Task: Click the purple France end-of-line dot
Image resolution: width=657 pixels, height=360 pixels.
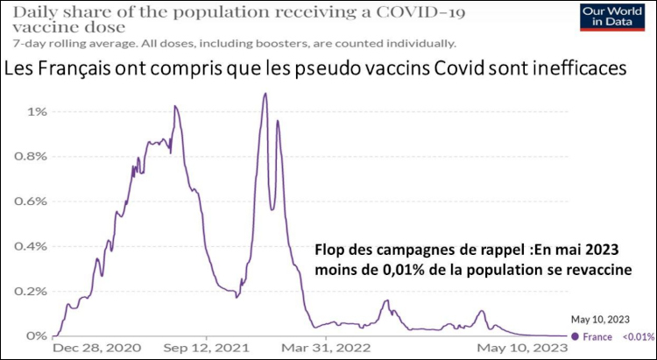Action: (575, 335)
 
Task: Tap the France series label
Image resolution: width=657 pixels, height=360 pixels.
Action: (597, 336)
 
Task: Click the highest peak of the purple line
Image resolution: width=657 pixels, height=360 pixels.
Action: (265, 93)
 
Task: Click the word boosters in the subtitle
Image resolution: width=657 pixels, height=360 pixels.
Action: (248, 42)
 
